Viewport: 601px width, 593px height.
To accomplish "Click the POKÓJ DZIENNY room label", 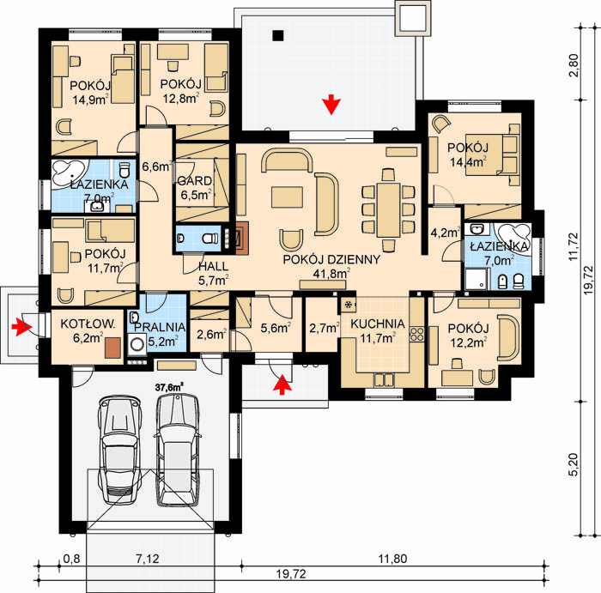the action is [x=331, y=259].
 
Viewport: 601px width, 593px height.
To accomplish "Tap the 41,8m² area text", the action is [x=331, y=274].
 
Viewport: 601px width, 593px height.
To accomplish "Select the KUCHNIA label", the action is [x=378, y=324].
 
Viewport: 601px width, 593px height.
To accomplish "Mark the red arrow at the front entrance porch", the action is [x=282, y=384].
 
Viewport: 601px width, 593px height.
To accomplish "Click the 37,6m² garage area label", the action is [x=168, y=387].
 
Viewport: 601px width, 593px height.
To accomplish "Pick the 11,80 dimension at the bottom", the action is [x=393, y=559].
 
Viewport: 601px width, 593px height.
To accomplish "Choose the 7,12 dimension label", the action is [x=147, y=559].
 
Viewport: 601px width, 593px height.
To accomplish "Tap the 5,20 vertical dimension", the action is [x=574, y=464].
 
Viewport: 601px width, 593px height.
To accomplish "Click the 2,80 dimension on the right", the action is [x=574, y=65].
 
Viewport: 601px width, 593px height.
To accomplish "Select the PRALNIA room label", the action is [x=161, y=327].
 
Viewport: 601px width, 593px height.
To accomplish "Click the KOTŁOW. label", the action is [x=88, y=324].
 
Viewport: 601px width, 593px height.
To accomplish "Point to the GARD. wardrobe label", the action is [x=195, y=181].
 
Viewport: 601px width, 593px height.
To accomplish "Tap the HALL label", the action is [x=213, y=266].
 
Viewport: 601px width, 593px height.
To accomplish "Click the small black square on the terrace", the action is [x=278, y=36].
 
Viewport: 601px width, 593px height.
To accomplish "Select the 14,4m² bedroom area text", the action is [x=469, y=162].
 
